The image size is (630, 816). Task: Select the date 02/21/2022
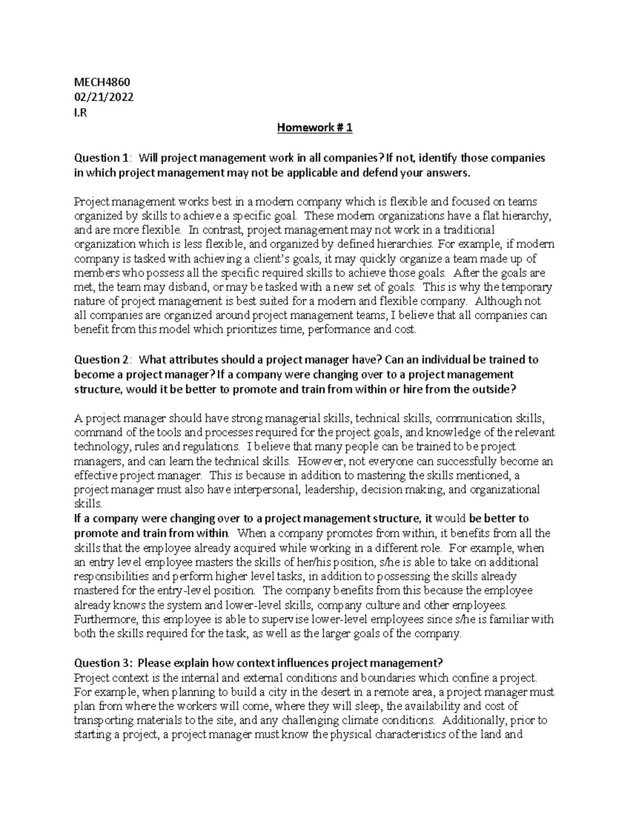(103, 97)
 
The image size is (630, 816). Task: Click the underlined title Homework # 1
(315, 128)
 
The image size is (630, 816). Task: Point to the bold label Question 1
(100, 158)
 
